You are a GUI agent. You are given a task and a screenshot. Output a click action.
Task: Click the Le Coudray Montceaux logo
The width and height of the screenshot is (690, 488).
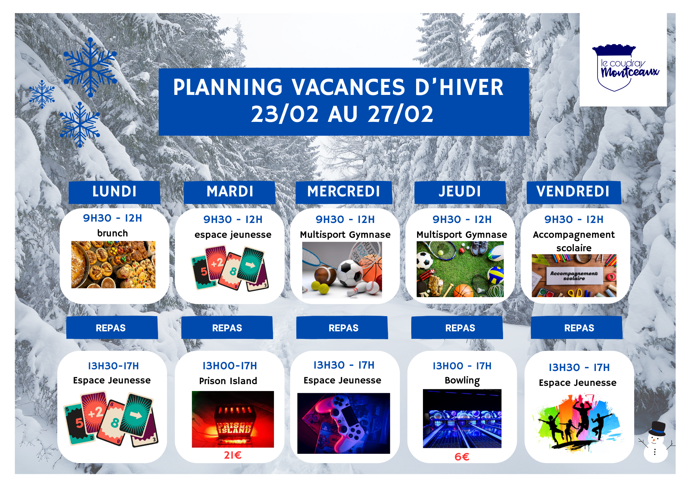(x=623, y=68)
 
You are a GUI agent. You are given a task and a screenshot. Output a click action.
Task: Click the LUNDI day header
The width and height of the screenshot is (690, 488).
(x=114, y=192)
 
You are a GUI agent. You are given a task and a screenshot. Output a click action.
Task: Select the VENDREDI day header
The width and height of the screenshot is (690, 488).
(x=573, y=192)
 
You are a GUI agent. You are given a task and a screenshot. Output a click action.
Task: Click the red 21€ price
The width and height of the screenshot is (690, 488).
(x=233, y=455)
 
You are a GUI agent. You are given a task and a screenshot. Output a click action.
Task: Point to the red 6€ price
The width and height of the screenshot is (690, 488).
(x=462, y=457)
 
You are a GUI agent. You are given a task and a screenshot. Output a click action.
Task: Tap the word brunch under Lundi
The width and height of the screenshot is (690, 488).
(x=112, y=233)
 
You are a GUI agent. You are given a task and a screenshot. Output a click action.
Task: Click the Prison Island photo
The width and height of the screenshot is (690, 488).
(x=233, y=419)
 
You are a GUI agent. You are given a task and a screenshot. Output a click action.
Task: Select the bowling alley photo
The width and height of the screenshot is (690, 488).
(x=462, y=419)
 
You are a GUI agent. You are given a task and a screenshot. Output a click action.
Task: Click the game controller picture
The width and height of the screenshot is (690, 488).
(x=343, y=423)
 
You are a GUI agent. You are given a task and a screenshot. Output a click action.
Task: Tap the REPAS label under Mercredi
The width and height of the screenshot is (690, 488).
(x=343, y=328)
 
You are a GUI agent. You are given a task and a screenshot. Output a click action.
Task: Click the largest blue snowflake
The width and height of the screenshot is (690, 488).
(x=90, y=67)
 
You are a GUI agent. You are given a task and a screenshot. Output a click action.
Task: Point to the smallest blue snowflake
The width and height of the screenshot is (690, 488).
(x=42, y=94)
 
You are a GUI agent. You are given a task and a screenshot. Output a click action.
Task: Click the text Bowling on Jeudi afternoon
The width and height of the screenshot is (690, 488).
(x=462, y=380)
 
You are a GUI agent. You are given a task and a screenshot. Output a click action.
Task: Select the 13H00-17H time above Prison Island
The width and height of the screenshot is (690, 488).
(x=229, y=366)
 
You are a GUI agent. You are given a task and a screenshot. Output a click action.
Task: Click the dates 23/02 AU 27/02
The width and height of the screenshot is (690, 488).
(x=342, y=114)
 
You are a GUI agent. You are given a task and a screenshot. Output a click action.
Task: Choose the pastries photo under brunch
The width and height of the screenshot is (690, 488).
(x=113, y=264)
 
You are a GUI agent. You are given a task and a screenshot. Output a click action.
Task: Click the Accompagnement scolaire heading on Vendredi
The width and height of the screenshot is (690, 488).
(x=573, y=241)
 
